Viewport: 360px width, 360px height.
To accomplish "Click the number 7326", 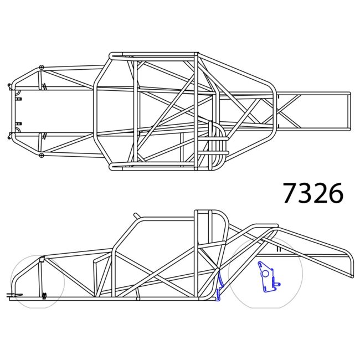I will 313,193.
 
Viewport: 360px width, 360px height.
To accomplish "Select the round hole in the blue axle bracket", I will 265,273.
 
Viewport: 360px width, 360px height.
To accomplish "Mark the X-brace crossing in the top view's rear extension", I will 289,111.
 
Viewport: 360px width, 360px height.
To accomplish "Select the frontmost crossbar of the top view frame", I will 13,111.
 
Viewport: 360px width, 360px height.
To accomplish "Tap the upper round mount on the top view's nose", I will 40,66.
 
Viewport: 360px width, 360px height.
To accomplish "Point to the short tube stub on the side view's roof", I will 137,215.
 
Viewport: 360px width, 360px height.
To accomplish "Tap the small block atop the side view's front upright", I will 42,259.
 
